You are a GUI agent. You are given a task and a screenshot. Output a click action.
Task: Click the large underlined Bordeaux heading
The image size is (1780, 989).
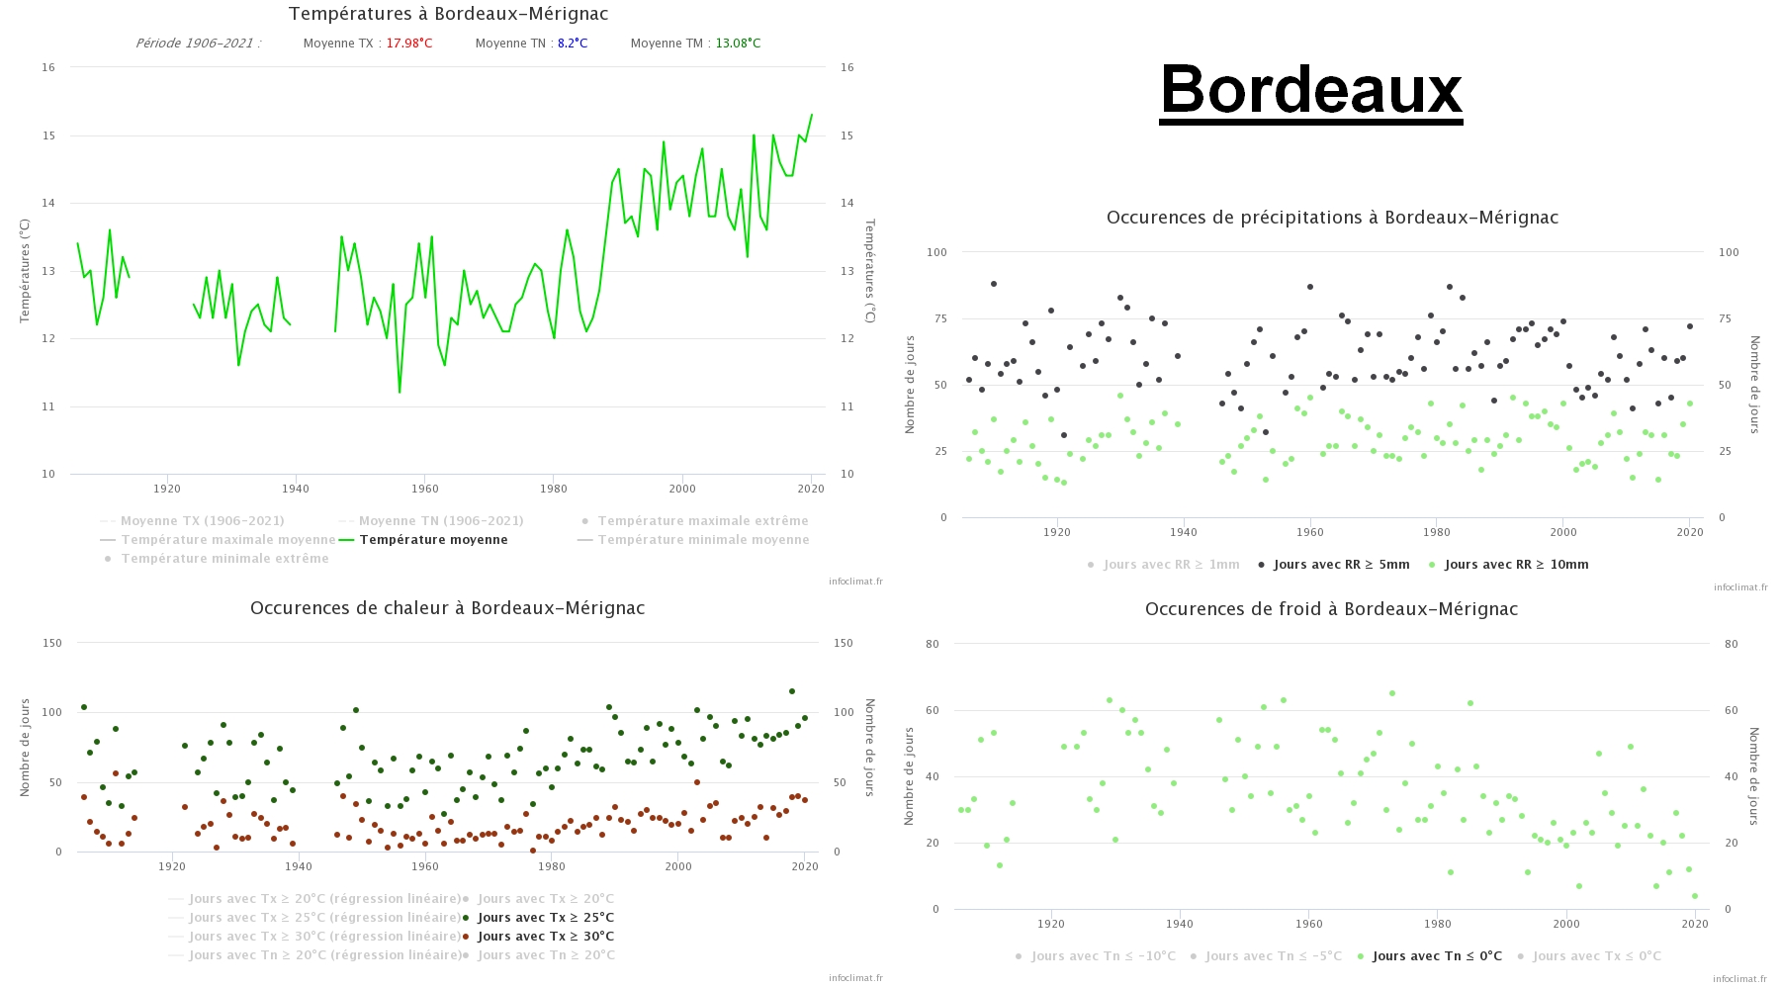pos(1310,89)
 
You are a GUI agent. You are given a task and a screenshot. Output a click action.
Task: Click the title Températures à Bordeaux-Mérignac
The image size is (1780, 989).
pos(448,14)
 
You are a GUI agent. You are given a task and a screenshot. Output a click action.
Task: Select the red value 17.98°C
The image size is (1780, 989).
pos(408,44)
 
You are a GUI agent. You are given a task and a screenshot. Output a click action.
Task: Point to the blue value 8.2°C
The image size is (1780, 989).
pos(573,44)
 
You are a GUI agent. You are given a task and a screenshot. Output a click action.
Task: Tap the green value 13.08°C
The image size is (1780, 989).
pos(738,44)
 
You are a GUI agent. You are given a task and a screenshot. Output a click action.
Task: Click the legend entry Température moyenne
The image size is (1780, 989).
pos(433,540)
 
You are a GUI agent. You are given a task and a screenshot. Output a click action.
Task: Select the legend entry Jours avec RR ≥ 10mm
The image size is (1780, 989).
pos(1516,565)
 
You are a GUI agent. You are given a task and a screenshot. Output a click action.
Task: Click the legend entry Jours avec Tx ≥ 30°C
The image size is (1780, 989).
pos(545,937)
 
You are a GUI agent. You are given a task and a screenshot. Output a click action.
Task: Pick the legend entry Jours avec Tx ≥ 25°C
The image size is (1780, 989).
pos(545,918)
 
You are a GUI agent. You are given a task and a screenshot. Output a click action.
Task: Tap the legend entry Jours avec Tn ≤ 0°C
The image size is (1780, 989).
pos(1437,956)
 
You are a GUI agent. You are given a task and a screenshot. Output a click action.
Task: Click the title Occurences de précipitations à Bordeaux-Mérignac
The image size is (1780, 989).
pos(1332,218)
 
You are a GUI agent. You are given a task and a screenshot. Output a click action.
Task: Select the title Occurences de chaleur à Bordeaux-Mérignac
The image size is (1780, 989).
pos(447,608)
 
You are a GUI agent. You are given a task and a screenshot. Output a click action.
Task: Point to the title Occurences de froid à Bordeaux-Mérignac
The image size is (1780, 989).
pos(1331,609)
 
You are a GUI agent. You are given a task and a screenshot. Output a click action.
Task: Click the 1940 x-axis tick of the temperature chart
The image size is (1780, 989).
pos(296,489)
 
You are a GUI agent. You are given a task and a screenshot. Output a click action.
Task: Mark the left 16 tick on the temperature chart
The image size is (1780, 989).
pos(48,67)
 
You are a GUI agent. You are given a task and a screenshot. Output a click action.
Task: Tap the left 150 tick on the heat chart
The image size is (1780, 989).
pos(51,643)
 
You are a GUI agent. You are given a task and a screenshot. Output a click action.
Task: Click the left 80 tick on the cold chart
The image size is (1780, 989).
pos(933,644)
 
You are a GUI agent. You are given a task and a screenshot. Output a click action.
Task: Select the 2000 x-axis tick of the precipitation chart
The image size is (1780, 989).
pos(1563,532)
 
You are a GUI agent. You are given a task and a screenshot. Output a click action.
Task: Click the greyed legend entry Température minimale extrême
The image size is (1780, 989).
pos(224,559)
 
